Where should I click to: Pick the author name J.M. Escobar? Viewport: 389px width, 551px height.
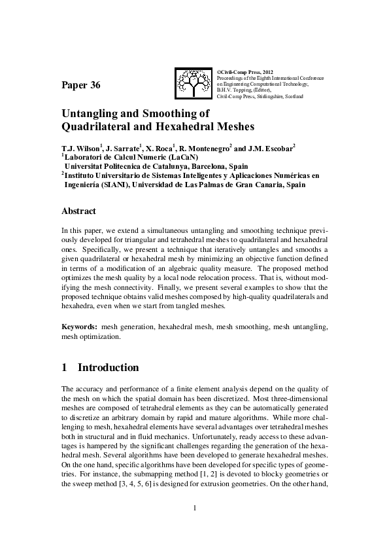pos(271,149)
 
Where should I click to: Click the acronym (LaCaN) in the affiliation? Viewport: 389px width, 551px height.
pos(175,158)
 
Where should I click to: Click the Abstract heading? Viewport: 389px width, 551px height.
pos(78,211)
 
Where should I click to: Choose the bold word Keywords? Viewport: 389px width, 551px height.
pos(79,326)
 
